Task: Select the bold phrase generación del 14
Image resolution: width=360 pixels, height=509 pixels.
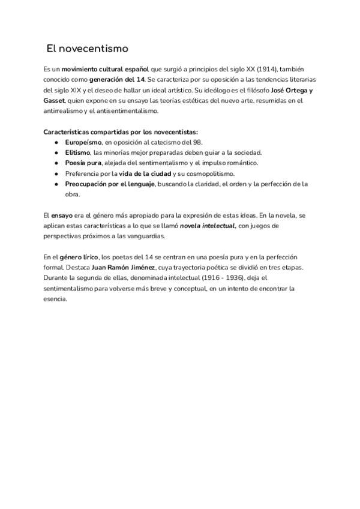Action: tap(117, 80)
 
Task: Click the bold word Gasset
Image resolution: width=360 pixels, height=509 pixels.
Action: tap(54, 101)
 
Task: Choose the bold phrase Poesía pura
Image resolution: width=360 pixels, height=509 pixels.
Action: tap(83, 163)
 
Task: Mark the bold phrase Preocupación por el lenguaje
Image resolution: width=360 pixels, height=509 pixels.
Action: tap(110, 184)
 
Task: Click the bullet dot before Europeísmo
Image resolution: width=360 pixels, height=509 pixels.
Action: tap(56, 142)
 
